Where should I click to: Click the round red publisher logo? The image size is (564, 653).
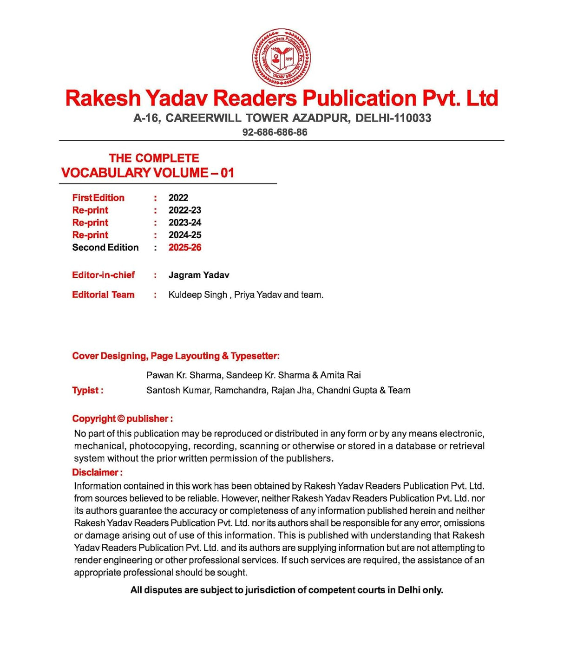click(281, 58)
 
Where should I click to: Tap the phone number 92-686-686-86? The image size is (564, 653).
click(275, 132)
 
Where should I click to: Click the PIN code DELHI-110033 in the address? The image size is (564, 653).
click(393, 118)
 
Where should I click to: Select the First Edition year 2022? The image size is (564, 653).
click(178, 198)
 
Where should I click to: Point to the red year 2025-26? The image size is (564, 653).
click(185, 248)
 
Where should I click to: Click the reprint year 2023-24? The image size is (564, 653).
click(185, 222)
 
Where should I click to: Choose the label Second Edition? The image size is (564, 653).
click(105, 248)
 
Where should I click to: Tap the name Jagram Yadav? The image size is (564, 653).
click(199, 275)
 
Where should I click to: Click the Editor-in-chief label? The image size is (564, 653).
click(103, 275)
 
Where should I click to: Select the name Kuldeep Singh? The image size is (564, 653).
click(198, 295)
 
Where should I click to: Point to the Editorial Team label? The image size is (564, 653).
click(103, 295)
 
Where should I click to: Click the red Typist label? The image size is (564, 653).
click(87, 391)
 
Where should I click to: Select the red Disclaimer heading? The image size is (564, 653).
click(97, 473)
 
